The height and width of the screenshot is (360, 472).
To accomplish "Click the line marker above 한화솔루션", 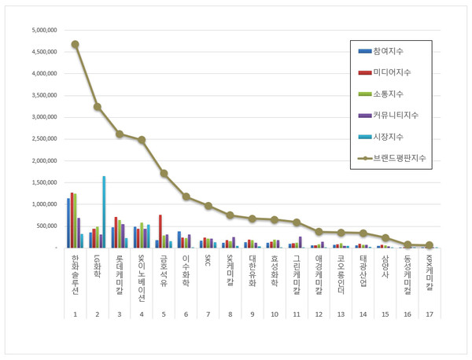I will pyautogui.click(x=75, y=45).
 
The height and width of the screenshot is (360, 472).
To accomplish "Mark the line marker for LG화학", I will pyautogui.click(x=97, y=107).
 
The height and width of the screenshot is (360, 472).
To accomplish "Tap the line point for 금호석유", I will pyautogui.click(x=164, y=173).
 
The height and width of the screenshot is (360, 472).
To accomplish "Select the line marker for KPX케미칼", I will pyautogui.click(x=430, y=245).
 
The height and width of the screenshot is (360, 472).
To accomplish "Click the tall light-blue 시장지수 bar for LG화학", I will pyautogui.click(x=104, y=211).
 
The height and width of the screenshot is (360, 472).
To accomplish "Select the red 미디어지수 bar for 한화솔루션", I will pyautogui.click(x=72, y=220).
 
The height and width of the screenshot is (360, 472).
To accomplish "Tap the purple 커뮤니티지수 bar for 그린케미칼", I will pyautogui.click(x=301, y=242).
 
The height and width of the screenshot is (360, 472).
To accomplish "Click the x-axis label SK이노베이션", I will pyautogui.click(x=142, y=278).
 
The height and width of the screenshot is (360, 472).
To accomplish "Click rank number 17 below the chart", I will pyautogui.click(x=430, y=314).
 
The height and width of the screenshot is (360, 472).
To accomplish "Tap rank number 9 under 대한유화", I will pyautogui.click(x=253, y=314).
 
